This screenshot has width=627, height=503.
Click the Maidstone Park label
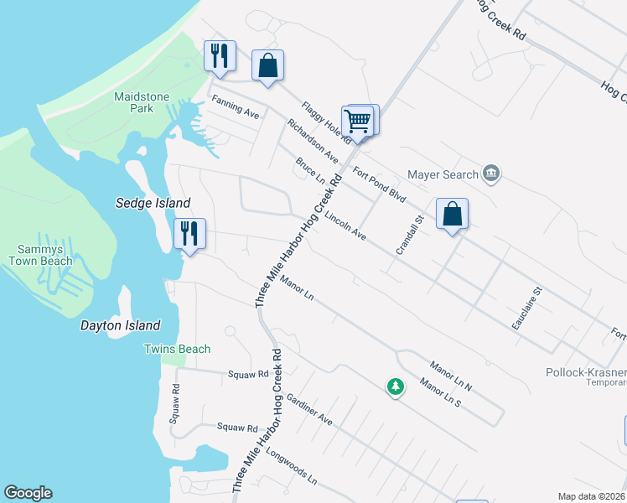(x=142, y=102)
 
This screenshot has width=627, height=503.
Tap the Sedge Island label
(x=153, y=203)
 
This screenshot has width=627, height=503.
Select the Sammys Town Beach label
(x=45, y=255)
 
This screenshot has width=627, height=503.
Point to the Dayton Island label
(x=120, y=325)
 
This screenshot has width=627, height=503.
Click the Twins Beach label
(x=177, y=349)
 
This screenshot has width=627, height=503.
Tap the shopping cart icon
(x=358, y=121)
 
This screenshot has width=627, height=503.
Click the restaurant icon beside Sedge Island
(x=189, y=233)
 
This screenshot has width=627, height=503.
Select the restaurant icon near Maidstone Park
(x=220, y=56)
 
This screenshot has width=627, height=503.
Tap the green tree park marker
(x=395, y=386)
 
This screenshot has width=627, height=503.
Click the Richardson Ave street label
(x=312, y=141)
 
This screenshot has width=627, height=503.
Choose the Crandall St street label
(x=412, y=236)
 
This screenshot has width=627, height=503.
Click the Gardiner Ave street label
(x=308, y=409)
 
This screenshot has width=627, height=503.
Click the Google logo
(x=28, y=493)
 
